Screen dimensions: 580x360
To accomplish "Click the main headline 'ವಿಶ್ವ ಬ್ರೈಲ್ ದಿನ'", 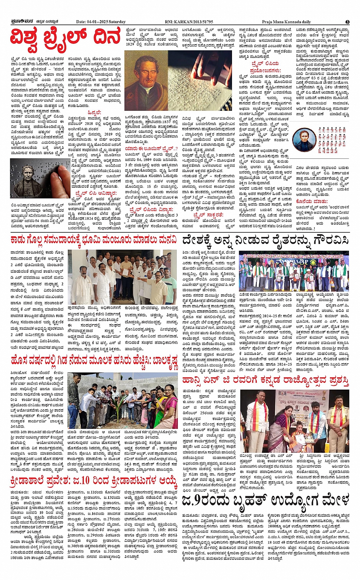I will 66,41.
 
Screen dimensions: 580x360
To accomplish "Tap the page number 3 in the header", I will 347,22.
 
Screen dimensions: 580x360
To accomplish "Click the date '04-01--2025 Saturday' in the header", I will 101,22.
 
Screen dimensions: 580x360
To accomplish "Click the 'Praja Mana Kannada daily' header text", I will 286,22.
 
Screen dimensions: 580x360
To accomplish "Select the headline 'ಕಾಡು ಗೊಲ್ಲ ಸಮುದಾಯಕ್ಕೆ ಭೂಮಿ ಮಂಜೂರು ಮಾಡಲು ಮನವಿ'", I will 94,240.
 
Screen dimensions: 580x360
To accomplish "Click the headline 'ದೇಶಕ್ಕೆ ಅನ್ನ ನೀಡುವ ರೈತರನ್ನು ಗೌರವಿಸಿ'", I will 266,240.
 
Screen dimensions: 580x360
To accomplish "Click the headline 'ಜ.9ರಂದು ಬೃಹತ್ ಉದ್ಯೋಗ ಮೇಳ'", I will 266,500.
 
